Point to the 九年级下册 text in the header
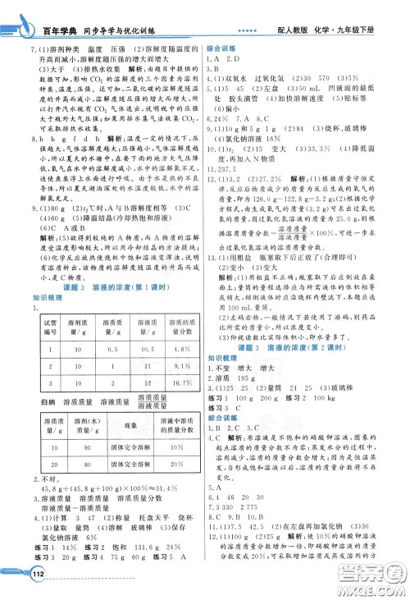point(376,16)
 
